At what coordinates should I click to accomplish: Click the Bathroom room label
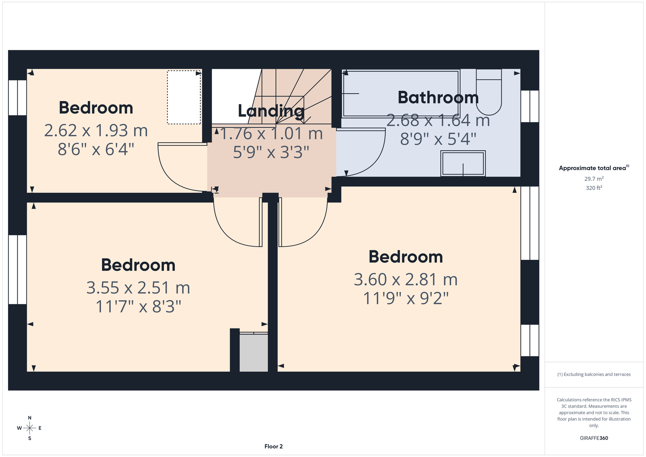point(438,97)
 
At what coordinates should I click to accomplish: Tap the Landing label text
point(271,111)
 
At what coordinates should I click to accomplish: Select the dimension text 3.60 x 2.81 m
point(405,280)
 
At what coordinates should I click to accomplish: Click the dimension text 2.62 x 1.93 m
point(96,131)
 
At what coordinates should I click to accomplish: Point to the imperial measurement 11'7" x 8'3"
point(138,306)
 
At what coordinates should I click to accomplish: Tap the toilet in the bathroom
point(489,92)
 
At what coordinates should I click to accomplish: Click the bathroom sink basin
point(463,163)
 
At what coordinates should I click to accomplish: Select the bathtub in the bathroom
point(401,93)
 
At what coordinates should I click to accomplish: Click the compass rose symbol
point(29,428)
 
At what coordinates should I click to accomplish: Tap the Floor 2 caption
point(273,446)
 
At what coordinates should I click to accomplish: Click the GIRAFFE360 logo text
point(594,438)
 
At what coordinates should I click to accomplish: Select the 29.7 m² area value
point(594,179)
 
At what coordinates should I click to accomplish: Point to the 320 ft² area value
point(594,187)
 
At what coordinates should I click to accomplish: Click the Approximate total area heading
point(594,168)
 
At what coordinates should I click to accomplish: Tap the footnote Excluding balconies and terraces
point(594,375)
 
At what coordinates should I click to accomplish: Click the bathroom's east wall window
point(530,106)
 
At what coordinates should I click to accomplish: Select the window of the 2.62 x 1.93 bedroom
point(18,97)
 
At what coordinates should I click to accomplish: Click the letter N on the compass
point(29,418)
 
